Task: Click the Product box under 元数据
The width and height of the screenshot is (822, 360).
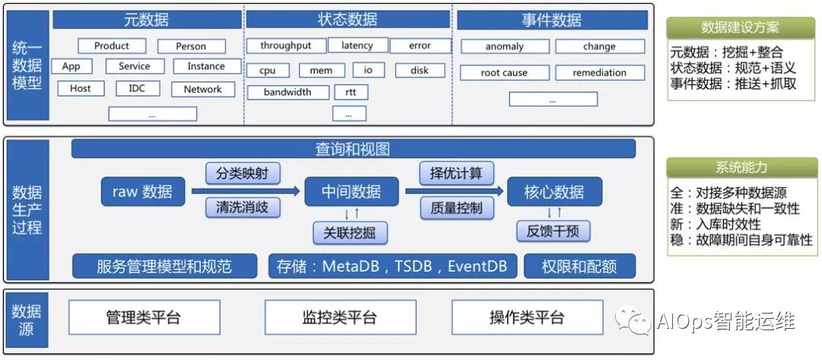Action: point(112,46)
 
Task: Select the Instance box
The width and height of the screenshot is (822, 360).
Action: point(205,66)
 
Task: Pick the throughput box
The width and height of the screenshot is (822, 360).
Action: point(285,46)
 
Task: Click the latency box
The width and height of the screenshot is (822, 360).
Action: point(357,46)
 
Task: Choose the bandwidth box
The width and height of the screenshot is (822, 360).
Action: point(288,92)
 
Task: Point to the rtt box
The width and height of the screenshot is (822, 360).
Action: point(351,92)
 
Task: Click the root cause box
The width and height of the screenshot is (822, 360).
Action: point(504,73)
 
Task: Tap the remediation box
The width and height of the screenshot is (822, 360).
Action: point(601,73)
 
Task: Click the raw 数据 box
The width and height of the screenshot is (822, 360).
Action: point(142,191)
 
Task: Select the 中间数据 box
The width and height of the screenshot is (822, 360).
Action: point(352,191)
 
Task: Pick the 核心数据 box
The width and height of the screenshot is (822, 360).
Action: point(554,191)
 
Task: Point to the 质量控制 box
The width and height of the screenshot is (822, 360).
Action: point(456,207)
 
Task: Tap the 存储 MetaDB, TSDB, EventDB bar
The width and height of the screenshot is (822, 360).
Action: point(393,266)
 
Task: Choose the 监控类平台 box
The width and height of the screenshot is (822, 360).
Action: point(339,317)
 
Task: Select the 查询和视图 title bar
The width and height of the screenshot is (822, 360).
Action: point(352,149)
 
